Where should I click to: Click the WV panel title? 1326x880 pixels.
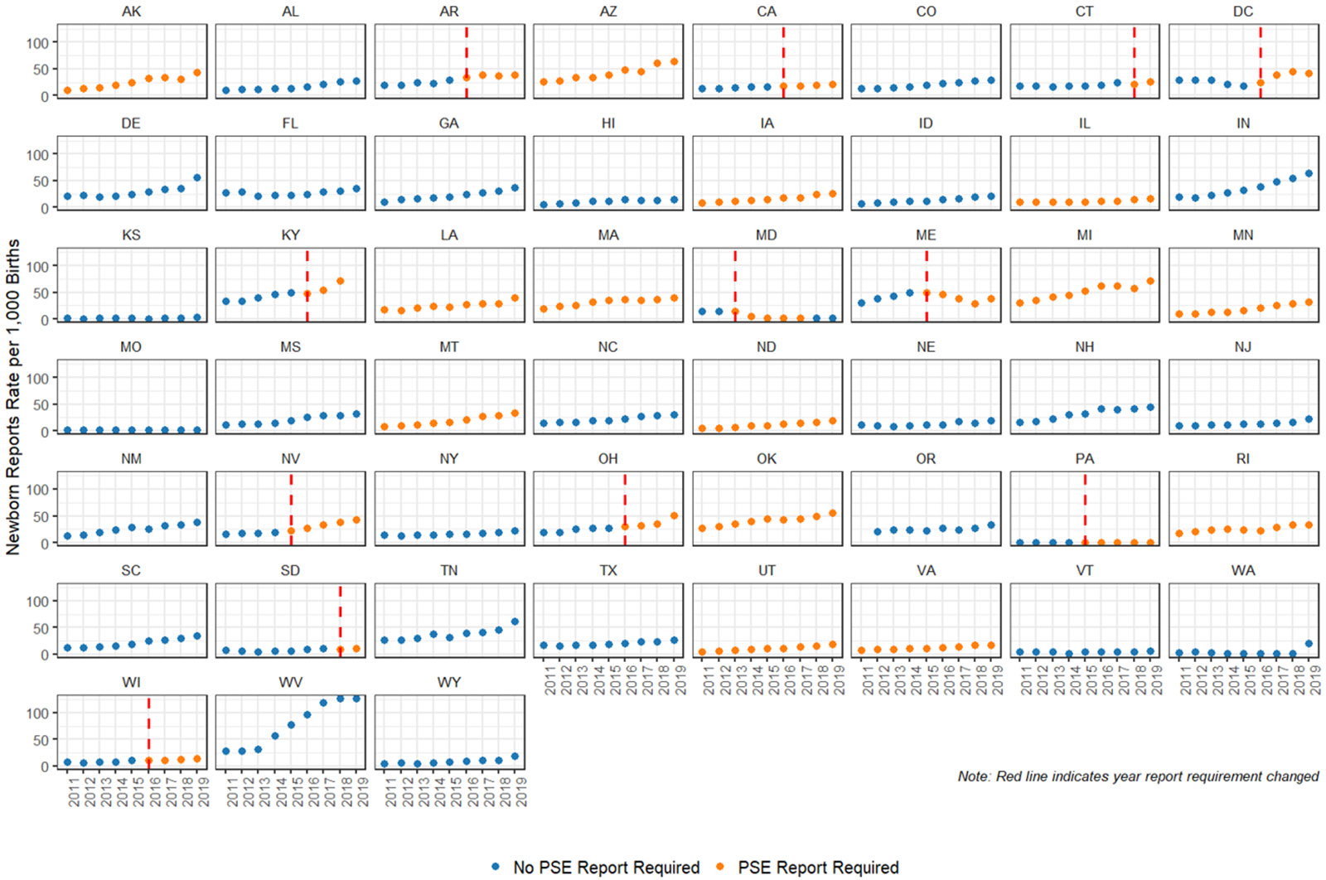point(290,682)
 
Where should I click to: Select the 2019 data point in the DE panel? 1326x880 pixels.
point(197,178)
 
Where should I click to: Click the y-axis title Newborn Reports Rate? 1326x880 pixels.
point(12,396)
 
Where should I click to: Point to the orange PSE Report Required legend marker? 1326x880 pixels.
point(719,867)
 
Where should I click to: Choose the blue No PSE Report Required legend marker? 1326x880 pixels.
point(496,867)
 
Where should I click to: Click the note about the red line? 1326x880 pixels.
point(1138,776)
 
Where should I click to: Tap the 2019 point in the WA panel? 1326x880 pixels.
point(1309,644)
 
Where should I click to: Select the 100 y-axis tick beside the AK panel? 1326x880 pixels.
point(38,43)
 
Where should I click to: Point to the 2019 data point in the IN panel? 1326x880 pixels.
point(1309,174)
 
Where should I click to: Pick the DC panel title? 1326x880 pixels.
point(1243,12)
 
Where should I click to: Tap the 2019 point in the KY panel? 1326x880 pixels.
point(340,282)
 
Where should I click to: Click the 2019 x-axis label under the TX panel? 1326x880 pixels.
point(680,679)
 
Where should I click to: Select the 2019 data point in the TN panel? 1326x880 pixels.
point(515,621)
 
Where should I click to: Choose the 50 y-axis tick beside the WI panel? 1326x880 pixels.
point(38,740)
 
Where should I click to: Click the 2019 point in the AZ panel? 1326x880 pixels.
point(675,62)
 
